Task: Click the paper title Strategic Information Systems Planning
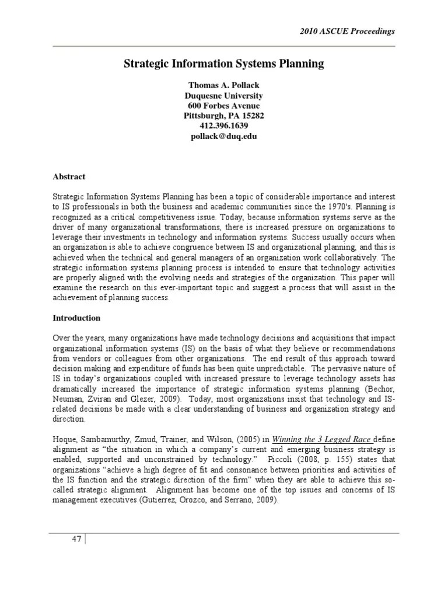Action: [223, 64]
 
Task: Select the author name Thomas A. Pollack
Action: [223, 85]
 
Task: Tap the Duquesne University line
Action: [223, 96]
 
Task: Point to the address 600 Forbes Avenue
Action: [223, 106]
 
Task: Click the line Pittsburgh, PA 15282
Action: [223, 116]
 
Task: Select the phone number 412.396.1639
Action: [223, 126]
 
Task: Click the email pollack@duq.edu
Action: [223, 136]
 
